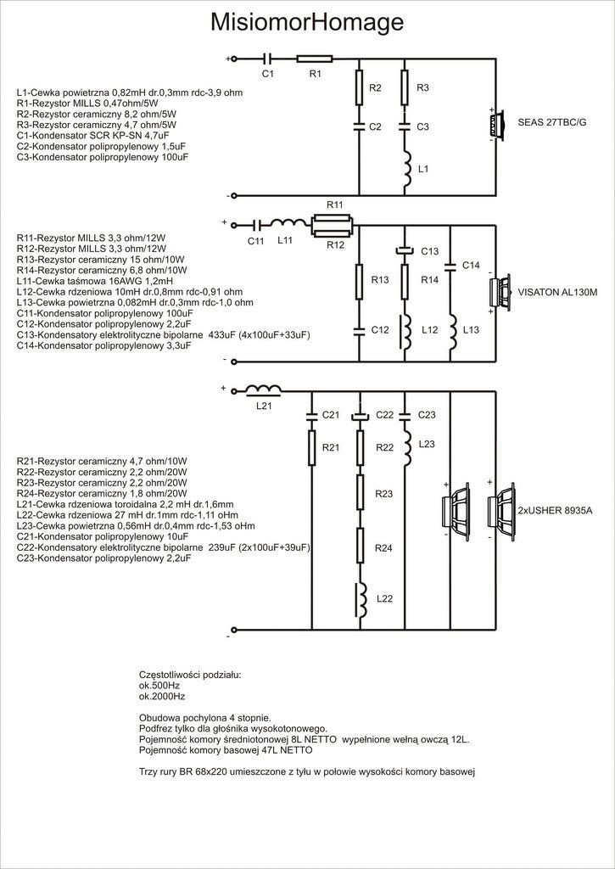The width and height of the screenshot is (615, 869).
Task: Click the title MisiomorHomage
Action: (x=307, y=23)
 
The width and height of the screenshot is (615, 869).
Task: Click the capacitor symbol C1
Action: (x=267, y=58)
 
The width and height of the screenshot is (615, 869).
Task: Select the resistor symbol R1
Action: (x=315, y=58)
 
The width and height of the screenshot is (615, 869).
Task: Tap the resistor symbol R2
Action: (x=359, y=87)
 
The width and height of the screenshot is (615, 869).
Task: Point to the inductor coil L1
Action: (x=406, y=169)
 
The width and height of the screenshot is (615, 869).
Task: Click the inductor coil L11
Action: (x=288, y=223)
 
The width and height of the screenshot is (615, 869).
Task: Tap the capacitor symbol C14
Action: (x=451, y=266)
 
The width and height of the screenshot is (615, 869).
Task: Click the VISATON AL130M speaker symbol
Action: (x=499, y=292)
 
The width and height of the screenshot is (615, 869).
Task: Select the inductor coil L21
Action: (x=263, y=390)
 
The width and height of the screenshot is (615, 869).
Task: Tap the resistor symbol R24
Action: (x=359, y=547)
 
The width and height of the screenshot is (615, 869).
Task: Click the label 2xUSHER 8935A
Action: (x=555, y=510)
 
